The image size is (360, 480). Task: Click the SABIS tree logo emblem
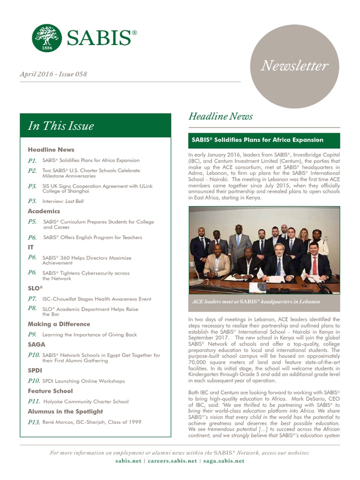pos(47,38)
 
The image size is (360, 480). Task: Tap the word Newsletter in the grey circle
pos(294,66)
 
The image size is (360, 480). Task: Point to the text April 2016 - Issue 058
pos(53,74)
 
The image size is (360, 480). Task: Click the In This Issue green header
pos(61,126)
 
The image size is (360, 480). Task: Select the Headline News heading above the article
pos(220,116)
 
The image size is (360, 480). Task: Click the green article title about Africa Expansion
pos(257,140)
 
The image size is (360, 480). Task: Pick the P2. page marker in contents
pos(32,171)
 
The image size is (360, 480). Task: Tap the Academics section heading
pos(44,211)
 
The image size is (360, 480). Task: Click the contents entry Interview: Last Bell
pos(63,201)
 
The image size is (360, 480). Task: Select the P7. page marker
pos(32,299)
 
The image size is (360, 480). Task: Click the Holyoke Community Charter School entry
pos(86,402)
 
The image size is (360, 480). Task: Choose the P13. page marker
pos(34,422)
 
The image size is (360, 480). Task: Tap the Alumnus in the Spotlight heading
pos(65,412)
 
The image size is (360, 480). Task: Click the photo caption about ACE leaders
pos(256,301)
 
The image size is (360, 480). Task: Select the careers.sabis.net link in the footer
pos(172,461)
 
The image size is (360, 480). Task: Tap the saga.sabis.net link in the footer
pos(224,461)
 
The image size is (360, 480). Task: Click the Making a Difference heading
pos(59,324)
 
